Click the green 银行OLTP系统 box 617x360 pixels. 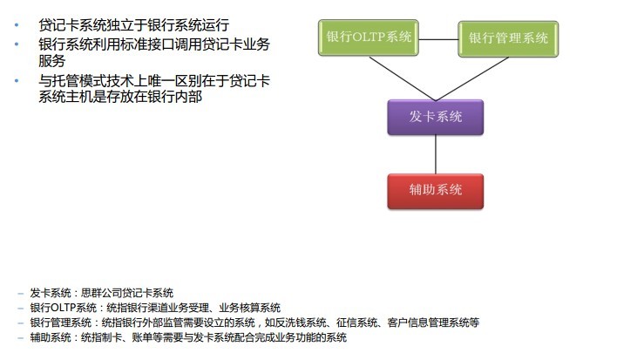[x=369, y=37]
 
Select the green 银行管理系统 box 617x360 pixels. [x=508, y=39]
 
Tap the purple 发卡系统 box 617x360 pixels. [x=435, y=118]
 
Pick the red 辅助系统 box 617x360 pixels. [x=435, y=191]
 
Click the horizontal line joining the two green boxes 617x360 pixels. [x=438, y=39]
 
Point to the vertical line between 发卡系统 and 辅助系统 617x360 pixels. [x=436, y=154]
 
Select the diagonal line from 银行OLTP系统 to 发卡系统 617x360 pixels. [x=402, y=78]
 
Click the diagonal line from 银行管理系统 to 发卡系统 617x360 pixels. [x=471, y=78]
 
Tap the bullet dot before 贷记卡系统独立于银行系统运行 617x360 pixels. [x=17, y=24]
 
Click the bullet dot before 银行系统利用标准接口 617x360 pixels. [x=17, y=44]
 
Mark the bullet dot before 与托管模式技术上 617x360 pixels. [x=17, y=81]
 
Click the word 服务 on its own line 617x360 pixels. [x=52, y=61]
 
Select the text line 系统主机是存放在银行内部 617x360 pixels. [x=120, y=97]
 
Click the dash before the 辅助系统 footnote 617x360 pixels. [x=21, y=338]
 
